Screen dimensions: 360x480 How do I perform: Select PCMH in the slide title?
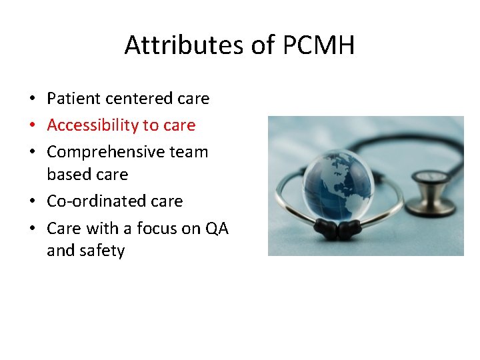[319, 45]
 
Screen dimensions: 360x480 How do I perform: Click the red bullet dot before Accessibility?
[32, 126]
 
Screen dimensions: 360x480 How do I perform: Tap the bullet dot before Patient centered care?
[32, 99]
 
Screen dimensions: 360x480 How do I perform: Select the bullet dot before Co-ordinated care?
[32, 202]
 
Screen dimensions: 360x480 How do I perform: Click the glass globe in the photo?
[337, 180]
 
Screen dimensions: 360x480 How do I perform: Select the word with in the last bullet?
[101, 228]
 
